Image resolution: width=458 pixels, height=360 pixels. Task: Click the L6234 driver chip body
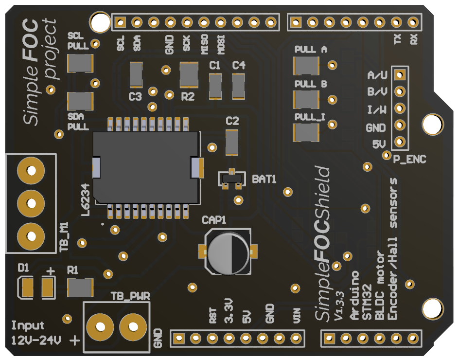pyautogui.click(x=146, y=167)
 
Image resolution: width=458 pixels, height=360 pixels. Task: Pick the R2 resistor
pyautogui.click(x=189, y=74)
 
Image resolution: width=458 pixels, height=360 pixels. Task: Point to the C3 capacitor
pyautogui.click(x=136, y=74)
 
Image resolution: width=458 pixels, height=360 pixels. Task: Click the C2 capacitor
pyautogui.click(x=232, y=142)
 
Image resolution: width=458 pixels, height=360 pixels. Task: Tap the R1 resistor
pyautogui.click(x=80, y=288)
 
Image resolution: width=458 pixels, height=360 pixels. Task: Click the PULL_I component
pyautogui.click(x=306, y=132)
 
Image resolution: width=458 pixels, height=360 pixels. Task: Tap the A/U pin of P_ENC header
pyautogui.click(x=400, y=74)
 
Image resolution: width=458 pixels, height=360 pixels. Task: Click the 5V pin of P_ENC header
pyautogui.click(x=400, y=142)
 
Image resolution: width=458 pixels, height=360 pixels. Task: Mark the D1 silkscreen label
pyautogui.click(x=23, y=268)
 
